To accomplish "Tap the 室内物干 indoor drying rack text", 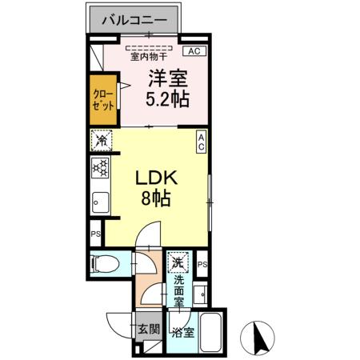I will click(150, 56).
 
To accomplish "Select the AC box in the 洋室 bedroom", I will click(193, 51).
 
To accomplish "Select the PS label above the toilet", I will click(95, 234).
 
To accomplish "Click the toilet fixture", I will click(103, 262).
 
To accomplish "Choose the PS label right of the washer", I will click(202, 265).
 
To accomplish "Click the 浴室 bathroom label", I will click(182, 332).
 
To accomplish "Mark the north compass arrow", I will click(258, 336).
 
